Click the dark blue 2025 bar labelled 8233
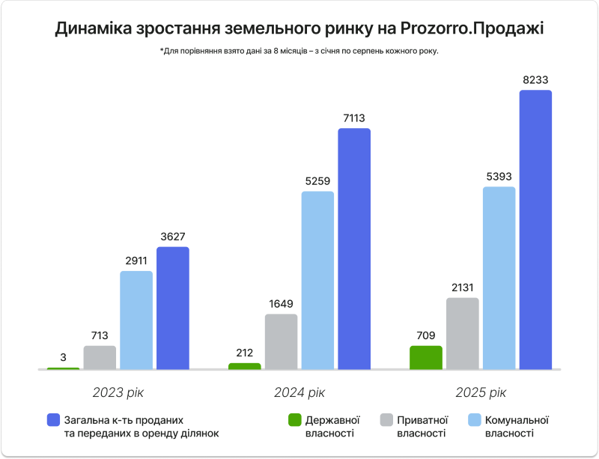pyautogui.click(x=535, y=230)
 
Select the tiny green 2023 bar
pyautogui.click(x=63, y=368)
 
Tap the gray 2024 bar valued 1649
pyautogui.click(x=281, y=341)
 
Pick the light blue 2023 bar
pyautogui.click(x=136, y=320)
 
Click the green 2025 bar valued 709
pyautogui.click(x=426, y=357)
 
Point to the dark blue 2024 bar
pyautogui.click(x=354, y=249)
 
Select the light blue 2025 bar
pyautogui.click(x=499, y=278)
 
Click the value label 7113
pyautogui.click(x=354, y=118)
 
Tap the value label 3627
pyautogui.click(x=173, y=236)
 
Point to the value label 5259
pyautogui.click(x=317, y=180)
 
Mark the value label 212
pyautogui.click(x=244, y=353)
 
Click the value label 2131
pyautogui.click(x=462, y=287)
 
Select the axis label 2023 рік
pyautogui.click(x=118, y=392)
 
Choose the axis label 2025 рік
pyautogui.click(x=481, y=392)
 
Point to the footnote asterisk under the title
pyautogui.click(x=161, y=50)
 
